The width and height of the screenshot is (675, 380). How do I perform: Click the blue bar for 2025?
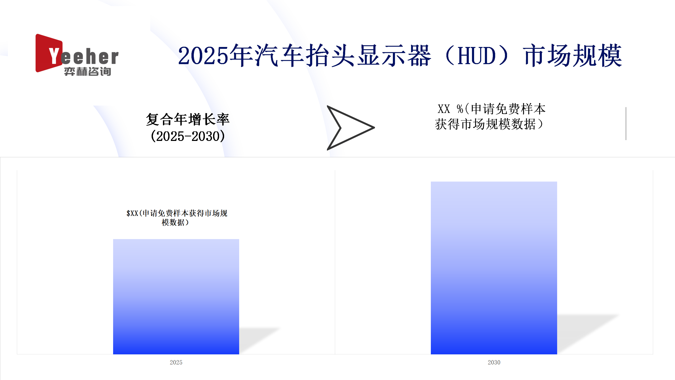[176, 297]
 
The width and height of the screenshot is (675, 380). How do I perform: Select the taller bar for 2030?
[494, 268]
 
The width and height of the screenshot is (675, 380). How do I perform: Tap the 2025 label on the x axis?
[176, 362]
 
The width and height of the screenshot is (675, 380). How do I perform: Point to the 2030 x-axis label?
[494, 362]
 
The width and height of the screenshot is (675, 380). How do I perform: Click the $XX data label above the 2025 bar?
[177, 218]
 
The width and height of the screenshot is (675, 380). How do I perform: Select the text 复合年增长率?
[188, 119]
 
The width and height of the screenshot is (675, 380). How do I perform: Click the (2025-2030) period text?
[188, 136]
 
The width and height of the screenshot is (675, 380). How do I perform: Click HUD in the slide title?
[476, 56]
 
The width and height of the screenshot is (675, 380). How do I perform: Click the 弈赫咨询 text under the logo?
[88, 72]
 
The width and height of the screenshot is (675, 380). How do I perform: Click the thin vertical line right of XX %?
[626, 123]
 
